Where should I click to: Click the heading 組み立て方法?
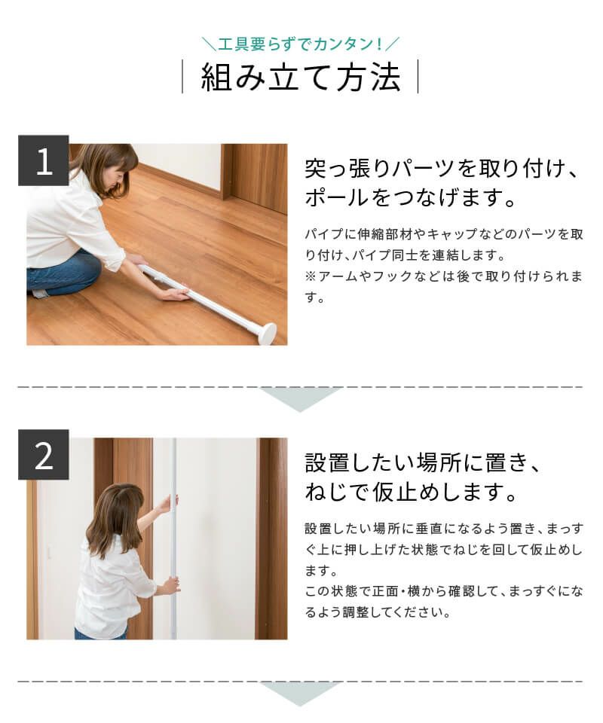[x=300, y=78]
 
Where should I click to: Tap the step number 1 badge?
[x=44, y=161]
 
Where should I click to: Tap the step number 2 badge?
[x=44, y=455]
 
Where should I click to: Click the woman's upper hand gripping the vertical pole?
[x=167, y=503]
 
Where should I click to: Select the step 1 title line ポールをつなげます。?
[x=410, y=200]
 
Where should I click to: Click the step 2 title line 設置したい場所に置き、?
[x=423, y=462]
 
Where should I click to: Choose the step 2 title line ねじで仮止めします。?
[x=411, y=494]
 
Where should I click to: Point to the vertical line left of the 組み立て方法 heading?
[x=182, y=78]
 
